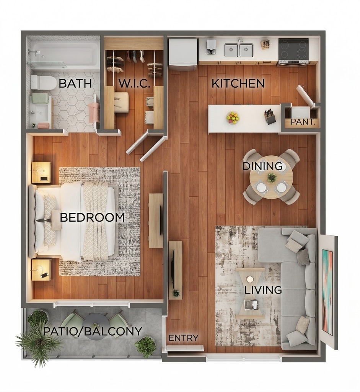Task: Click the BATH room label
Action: click(75, 83)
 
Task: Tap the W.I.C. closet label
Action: click(135, 83)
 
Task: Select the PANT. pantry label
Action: click(302, 122)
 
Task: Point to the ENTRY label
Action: click(183, 338)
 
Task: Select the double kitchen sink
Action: click(239, 50)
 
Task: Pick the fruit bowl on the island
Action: click(233, 117)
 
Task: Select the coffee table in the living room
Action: click(250, 293)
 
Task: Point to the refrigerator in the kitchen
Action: click(183, 54)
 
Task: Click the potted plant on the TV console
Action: click(176, 293)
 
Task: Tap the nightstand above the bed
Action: click(41, 173)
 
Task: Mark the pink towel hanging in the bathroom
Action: click(94, 112)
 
